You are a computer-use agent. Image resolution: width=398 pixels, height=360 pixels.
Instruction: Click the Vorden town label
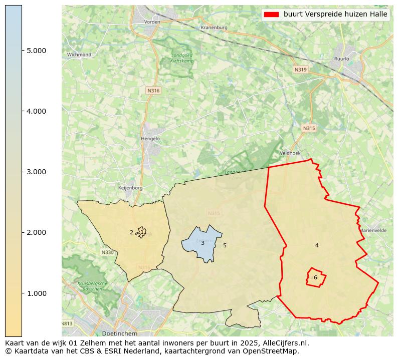tap(152, 22)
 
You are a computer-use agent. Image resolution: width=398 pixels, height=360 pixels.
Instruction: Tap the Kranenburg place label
tap(214, 28)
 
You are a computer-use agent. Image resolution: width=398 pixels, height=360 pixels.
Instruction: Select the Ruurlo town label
tap(341, 59)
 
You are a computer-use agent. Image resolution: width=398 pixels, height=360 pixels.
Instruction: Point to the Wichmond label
tap(79, 55)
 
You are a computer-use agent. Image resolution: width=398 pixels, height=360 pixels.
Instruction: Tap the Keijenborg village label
tap(130, 188)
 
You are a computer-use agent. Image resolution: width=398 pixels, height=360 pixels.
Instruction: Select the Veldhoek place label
tap(289, 153)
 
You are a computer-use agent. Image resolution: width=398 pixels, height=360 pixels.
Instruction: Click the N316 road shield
tap(153, 91)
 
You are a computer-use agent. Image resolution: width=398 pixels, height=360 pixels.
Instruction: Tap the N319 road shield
tap(300, 70)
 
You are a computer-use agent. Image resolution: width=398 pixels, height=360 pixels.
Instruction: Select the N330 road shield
tap(107, 252)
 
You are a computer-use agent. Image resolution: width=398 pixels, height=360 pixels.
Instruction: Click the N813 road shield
tap(67, 323)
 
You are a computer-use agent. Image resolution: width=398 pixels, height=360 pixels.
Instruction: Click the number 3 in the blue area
tap(203, 243)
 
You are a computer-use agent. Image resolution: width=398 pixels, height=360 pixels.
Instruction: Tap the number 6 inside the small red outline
tap(315, 277)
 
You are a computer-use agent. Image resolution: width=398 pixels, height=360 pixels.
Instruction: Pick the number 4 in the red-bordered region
tap(317, 245)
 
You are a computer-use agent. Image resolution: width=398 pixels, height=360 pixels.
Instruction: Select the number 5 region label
tap(225, 245)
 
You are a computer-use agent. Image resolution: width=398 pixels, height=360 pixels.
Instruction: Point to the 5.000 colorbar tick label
tap(36, 51)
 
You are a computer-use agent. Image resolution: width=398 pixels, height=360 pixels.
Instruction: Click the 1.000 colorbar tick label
tap(36, 293)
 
